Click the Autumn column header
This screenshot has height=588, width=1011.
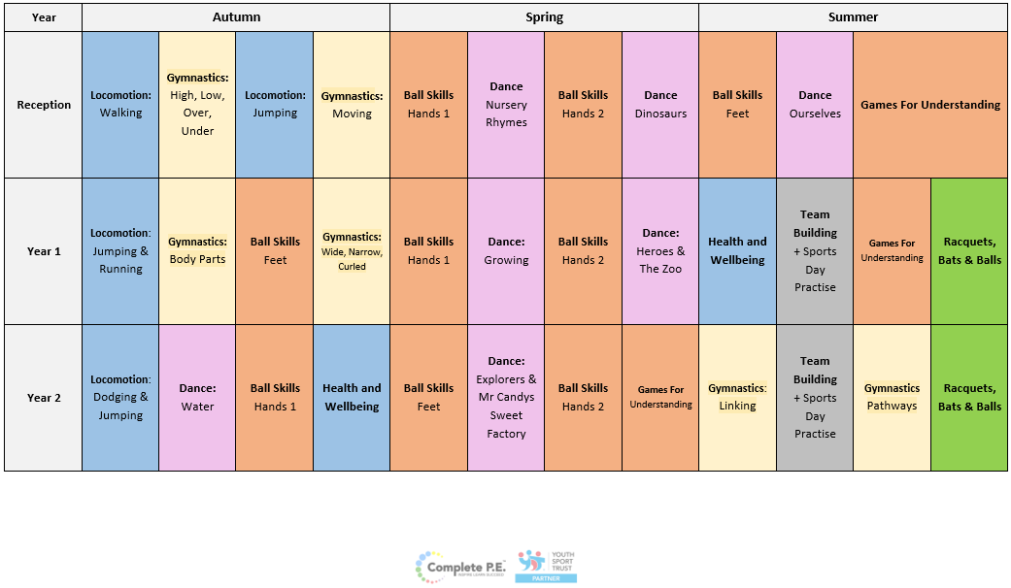coord(236,17)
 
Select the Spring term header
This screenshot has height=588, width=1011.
coord(544,17)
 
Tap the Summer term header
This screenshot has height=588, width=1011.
coord(853,17)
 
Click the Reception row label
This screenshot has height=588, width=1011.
coord(44,105)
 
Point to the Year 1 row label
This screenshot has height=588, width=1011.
coord(44,251)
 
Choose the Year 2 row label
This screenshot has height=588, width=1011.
coord(44,398)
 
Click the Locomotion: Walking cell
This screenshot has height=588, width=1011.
coord(120,105)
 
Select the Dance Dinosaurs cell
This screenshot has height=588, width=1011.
coord(660,105)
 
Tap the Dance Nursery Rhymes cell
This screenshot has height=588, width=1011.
coord(506,105)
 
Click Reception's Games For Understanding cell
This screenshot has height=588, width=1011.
coord(930,105)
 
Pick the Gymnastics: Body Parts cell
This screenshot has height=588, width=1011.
coord(197,251)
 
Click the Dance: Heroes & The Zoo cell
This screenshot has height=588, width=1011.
coord(660,251)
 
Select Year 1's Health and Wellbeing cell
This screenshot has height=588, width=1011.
coord(737,251)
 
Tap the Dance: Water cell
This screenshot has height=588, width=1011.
coord(197,398)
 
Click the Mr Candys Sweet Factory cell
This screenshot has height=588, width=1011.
coord(506,398)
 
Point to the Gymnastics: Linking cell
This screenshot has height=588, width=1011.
coord(737,398)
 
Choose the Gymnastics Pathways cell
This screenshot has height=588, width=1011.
coord(892,398)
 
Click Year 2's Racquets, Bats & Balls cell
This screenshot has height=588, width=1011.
coord(969,398)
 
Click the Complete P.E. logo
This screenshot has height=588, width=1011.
coord(460,565)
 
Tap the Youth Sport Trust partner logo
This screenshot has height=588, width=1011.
coord(547,566)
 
